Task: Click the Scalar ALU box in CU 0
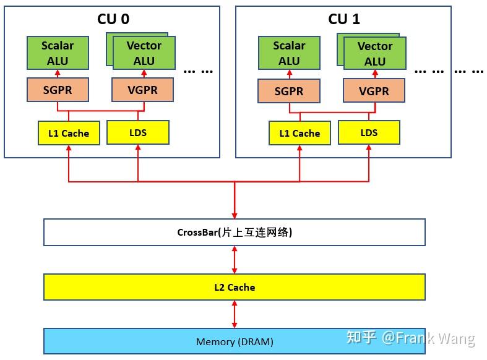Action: pos(58,53)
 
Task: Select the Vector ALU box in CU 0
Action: pos(144,53)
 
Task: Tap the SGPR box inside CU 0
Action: pos(58,90)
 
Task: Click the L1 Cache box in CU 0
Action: pos(69,133)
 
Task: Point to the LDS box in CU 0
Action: pos(137,132)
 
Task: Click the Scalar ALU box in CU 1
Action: pos(289,53)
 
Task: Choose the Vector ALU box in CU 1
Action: pos(375,54)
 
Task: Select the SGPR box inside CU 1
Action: pos(289,91)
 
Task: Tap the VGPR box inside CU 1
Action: pos(374,91)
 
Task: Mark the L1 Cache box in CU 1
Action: pos(300,133)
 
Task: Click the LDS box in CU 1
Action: pos(369,132)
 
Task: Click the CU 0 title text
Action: pos(113,19)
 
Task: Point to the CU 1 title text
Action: pos(343,19)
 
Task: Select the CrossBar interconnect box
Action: pos(235,233)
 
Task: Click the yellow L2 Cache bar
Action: pos(235,287)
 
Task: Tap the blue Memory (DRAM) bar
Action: pos(235,341)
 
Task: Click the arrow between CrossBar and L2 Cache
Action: pos(235,260)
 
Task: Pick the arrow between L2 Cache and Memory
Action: pos(235,314)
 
